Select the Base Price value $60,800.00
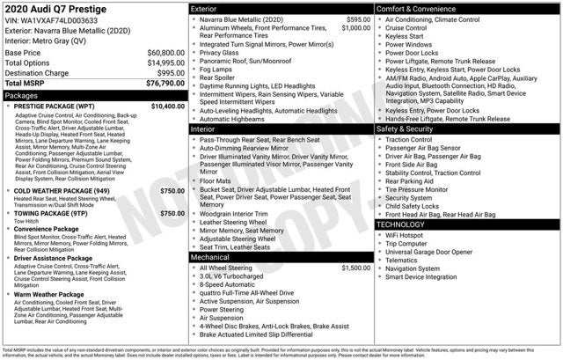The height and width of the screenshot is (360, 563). pyautogui.click(x=165, y=53)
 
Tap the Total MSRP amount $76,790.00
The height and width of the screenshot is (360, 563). pyautogui.click(x=164, y=83)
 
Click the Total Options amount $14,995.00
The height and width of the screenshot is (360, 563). pyautogui.click(x=165, y=62)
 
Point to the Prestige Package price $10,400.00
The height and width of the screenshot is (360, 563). pyautogui.click(x=167, y=106)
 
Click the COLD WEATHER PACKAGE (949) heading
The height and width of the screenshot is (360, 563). pyautogui.click(x=62, y=190)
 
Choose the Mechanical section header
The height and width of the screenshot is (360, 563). pyautogui.click(x=210, y=256)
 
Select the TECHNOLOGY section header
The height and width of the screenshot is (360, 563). pyautogui.click(x=401, y=224)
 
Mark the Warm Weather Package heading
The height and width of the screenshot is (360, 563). pyautogui.click(x=52, y=296)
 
